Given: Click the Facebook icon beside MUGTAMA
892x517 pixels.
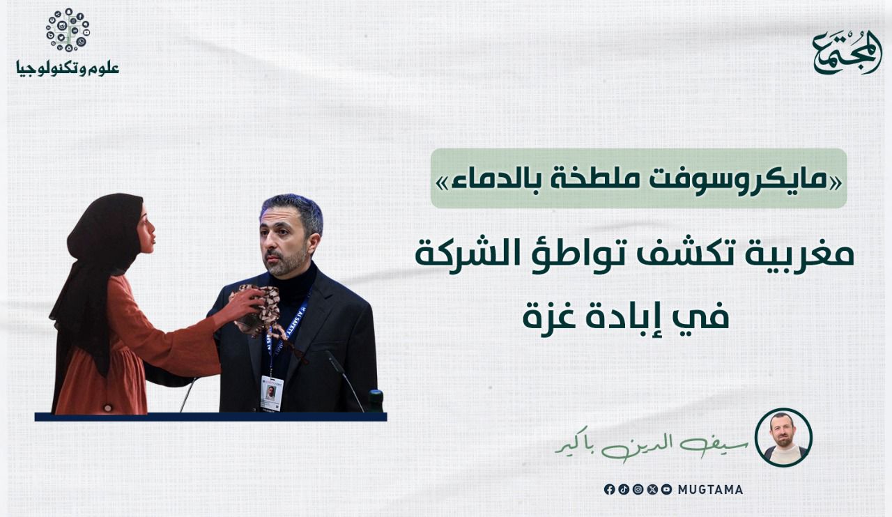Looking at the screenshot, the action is (x=609, y=490).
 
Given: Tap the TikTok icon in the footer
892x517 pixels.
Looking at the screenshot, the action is (x=624, y=490).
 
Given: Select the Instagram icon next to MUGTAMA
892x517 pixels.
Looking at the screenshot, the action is (x=638, y=490).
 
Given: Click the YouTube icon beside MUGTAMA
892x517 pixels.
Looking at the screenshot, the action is (x=667, y=490).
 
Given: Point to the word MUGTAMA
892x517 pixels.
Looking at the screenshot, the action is (x=710, y=490).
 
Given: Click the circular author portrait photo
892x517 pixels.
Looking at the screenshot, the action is (x=783, y=438).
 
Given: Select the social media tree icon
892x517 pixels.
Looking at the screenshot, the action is (x=68, y=30).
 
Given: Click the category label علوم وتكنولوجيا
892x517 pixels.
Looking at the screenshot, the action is (x=68, y=68).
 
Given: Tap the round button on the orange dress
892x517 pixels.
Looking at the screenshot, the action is (x=107, y=408).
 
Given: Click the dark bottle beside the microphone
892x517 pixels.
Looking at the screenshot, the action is (x=376, y=401).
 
